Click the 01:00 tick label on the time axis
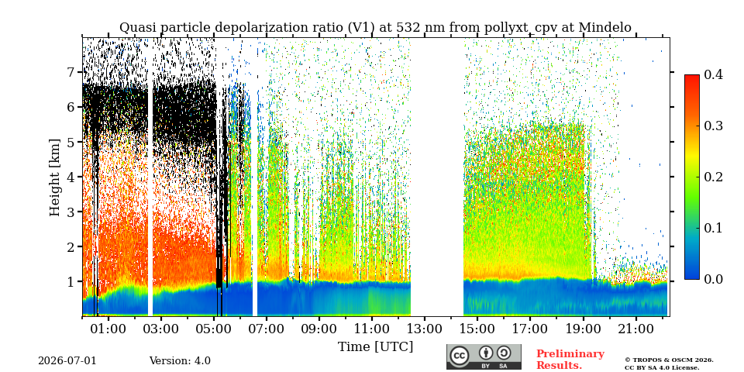tap(108, 329)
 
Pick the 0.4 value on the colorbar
tap(713, 75)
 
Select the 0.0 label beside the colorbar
tap(713, 279)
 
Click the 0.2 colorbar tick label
tap(713, 177)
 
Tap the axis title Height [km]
tap(55, 177)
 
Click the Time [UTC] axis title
tap(375, 347)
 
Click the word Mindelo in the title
tap(605, 28)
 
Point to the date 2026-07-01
tap(67, 361)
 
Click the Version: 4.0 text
tap(180, 361)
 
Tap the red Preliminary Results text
tap(570, 360)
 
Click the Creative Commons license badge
tap(484, 356)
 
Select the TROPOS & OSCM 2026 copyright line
tap(669, 360)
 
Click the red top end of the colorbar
tap(692, 77)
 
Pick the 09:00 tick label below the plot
tap(320, 329)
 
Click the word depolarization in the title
tap(254, 28)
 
